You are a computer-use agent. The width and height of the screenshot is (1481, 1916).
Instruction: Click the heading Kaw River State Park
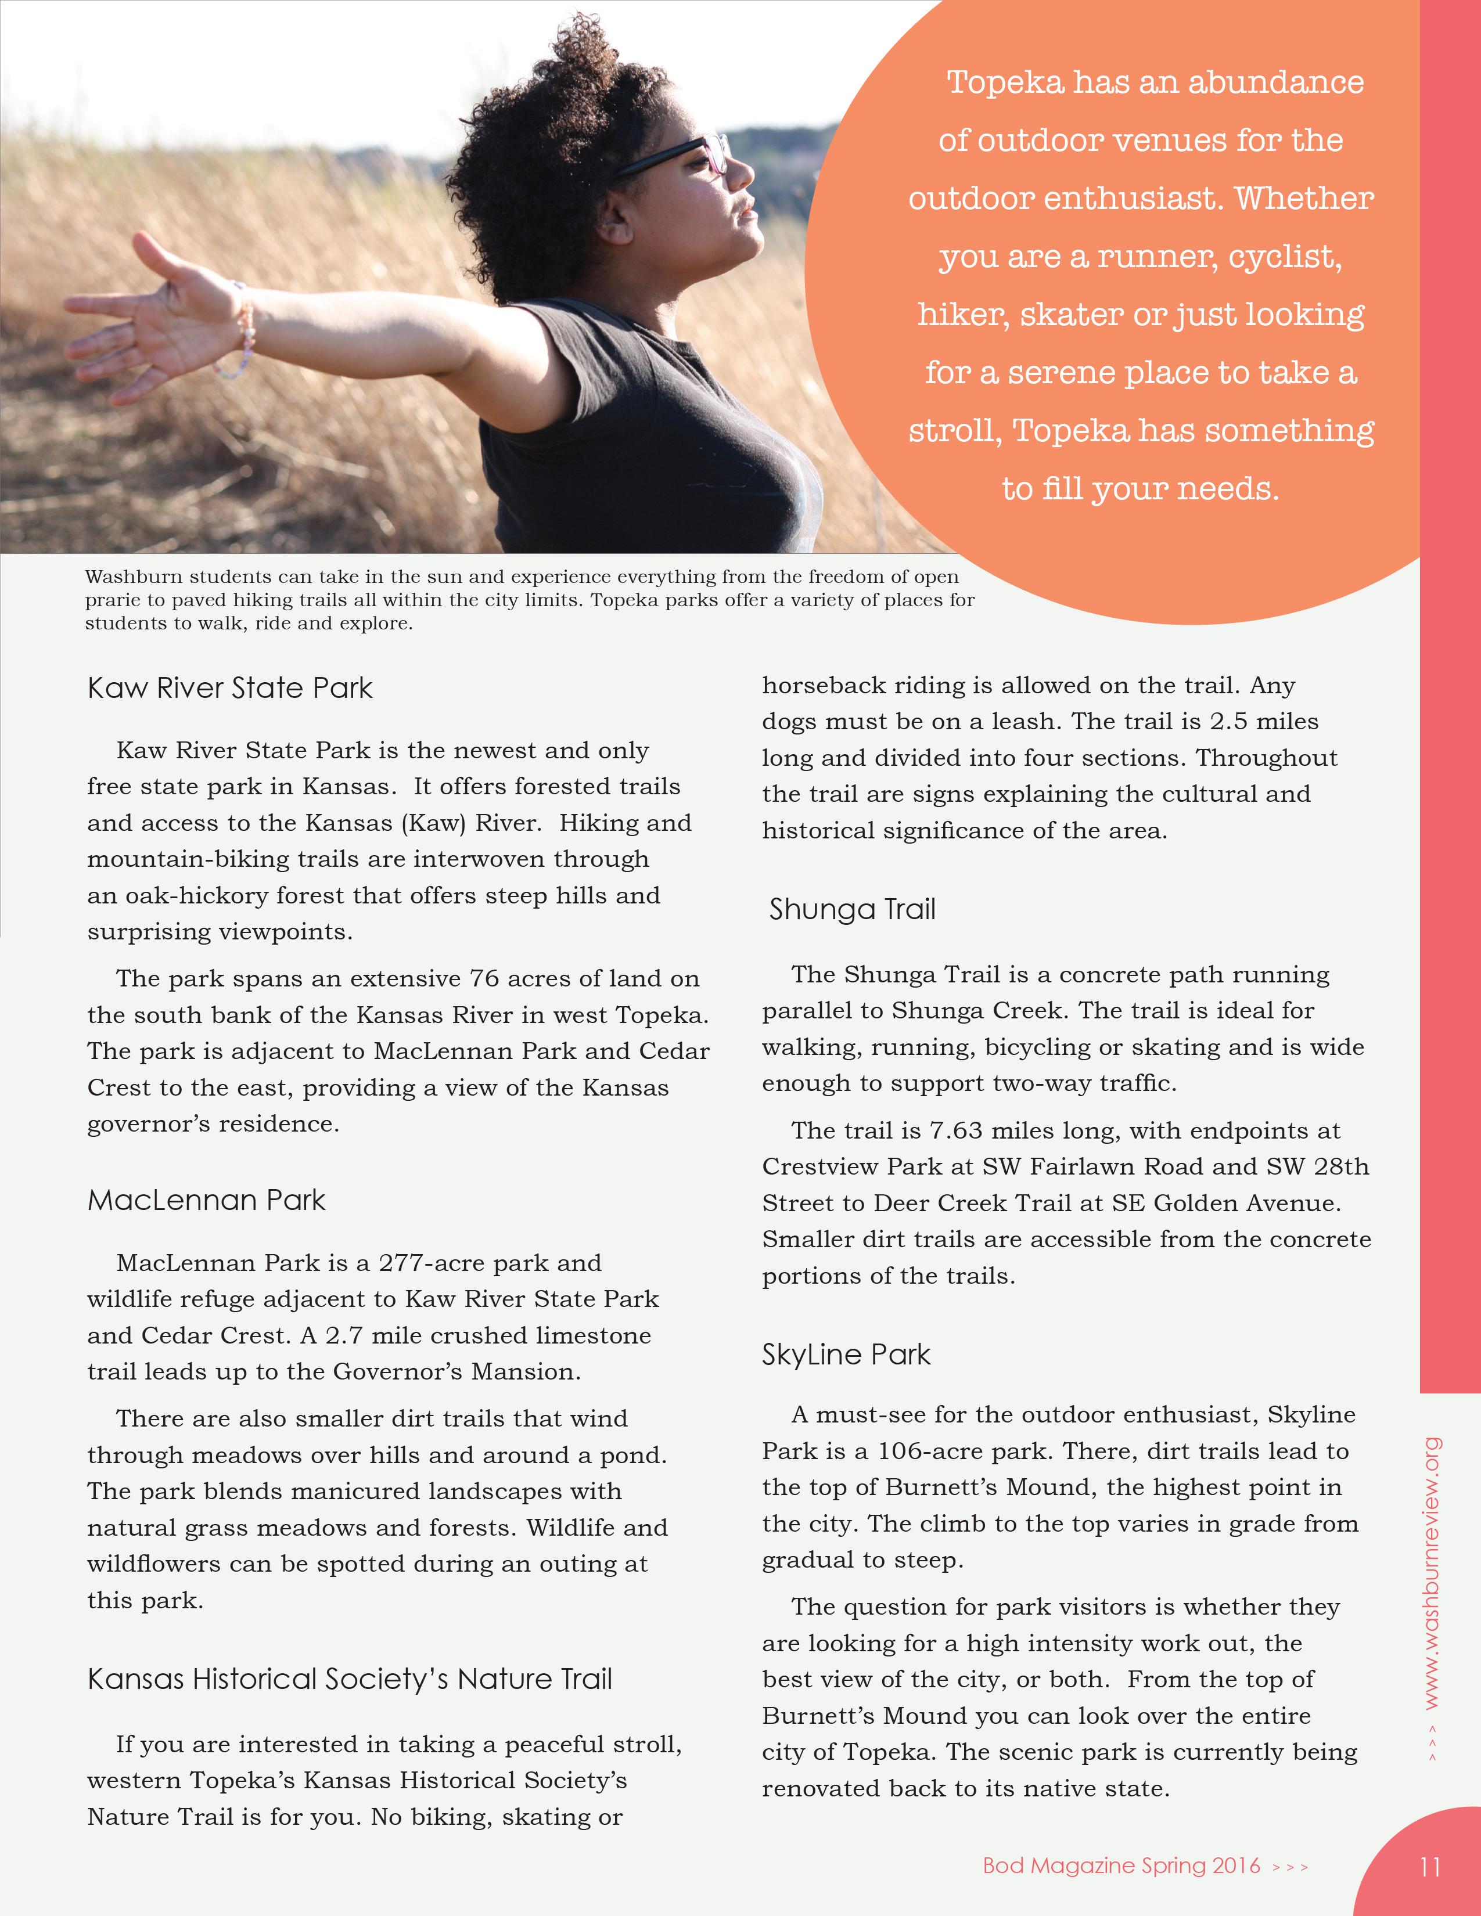(230, 688)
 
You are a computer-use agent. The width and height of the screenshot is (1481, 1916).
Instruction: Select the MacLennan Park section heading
(206, 1200)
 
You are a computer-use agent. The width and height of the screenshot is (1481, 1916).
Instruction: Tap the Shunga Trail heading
(852, 910)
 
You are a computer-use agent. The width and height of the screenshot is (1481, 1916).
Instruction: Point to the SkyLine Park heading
(846, 1355)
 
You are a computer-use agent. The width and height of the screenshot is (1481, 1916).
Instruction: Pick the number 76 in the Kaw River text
(485, 979)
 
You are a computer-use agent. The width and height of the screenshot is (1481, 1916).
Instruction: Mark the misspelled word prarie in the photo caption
(112, 601)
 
